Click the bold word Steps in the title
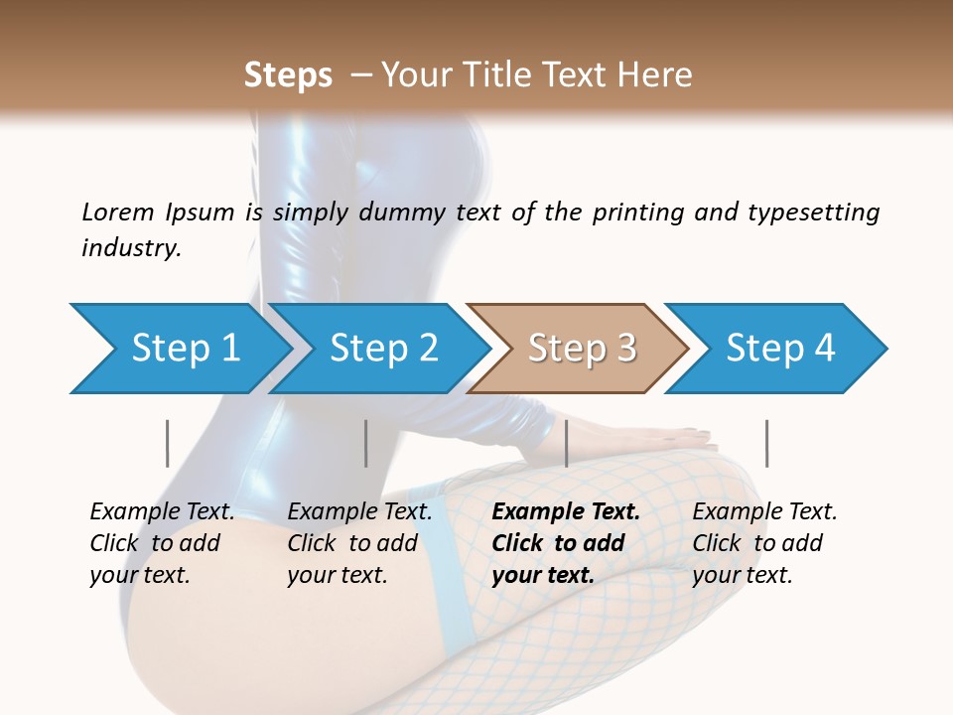pos(288,75)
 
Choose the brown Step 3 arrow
pos(581,349)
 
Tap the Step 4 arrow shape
pos(780,349)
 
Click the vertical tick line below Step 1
pos(168,443)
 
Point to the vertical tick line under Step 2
pos(366,443)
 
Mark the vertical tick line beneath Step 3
pos(566,443)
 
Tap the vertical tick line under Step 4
pos(766,443)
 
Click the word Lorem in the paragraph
pos(117,213)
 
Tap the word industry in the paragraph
pos(130,248)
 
